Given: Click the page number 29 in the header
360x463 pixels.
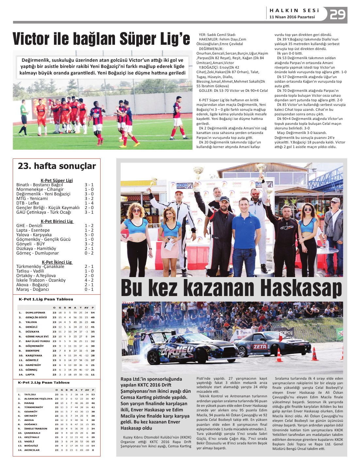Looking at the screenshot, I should click(337, 14).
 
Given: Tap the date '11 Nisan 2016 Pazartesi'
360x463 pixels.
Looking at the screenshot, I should click(292, 17).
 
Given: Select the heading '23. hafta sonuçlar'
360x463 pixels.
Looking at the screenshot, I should click(57, 166).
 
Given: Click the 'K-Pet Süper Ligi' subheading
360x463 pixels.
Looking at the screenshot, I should click(57, 180).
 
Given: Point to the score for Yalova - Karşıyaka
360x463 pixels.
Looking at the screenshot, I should click(89, 235).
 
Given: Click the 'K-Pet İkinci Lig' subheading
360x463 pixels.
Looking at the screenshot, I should click(57, 262).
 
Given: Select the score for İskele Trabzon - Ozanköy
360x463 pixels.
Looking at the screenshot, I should click(89, 280).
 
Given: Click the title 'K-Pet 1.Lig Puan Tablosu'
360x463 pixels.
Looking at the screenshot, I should click(46, 299).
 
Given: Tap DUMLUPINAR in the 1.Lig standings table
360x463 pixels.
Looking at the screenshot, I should click(35, 313).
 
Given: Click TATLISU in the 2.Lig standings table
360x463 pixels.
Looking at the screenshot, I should click(30, 394).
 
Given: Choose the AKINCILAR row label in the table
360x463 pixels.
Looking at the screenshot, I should click(32, 450).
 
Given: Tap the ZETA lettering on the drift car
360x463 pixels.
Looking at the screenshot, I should click(260, 347).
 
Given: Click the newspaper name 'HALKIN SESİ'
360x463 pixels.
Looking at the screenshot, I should click(294, 10).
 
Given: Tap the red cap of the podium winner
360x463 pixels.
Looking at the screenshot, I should click(255, 190).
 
